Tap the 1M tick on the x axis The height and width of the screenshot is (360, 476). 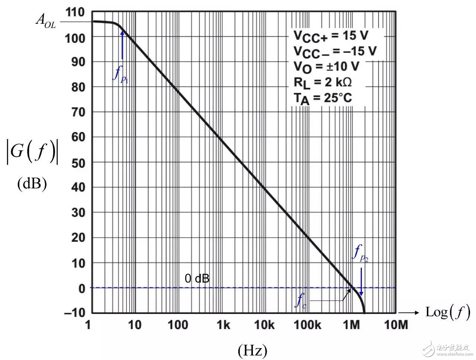tap(351, 325)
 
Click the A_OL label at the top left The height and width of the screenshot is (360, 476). tap(45, 20)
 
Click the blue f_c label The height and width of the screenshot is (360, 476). tap(300, 301)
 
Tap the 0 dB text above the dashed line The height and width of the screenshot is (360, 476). tap(197, 278)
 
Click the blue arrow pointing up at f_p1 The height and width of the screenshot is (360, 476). tap(122, 45)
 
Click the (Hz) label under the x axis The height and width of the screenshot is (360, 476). tap(252, 350)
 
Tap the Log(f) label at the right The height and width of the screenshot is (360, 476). tap(447, 312)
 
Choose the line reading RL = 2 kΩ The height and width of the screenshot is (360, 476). tap(322, 82)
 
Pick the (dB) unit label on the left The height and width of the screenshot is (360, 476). tap(32, 184)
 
